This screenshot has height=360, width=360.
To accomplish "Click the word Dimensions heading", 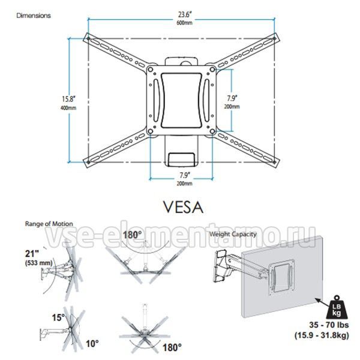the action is [x=34, y=16].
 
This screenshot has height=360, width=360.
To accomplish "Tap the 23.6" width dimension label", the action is [x=185, y=14].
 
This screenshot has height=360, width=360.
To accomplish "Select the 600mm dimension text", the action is [x=185, y=23].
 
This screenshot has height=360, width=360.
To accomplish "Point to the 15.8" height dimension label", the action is [x=68, y=99].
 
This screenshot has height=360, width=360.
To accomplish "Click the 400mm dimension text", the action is [x=68, y=108].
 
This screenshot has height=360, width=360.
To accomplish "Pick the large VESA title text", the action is [x=183, y=208].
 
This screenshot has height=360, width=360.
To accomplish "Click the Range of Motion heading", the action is [x=49, y=224].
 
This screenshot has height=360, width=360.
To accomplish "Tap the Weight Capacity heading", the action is [x=233, y=234].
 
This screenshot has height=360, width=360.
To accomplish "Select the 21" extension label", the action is [x=32, y=254].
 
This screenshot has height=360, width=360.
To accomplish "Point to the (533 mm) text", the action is [x=39, y=263].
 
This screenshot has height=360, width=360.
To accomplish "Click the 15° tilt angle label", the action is [x=58, y=318].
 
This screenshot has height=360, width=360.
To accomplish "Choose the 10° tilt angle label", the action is [x=92, y=344].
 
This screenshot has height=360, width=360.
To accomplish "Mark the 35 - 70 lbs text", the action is [x=329, y=325].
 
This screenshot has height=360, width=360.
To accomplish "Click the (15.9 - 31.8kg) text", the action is [x=322, y=335].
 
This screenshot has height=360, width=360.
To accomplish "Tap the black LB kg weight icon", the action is [x=337, y=308].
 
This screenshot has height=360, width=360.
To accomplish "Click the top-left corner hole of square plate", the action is [x=151, y=70].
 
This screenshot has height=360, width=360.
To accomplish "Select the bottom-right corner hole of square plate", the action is [x=212, y=131].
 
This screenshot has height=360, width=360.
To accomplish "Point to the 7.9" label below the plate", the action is [x=184, y=175].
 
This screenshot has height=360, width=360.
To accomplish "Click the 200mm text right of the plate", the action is [x=232, y=107].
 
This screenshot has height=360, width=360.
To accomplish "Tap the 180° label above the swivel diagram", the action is [x=133, y=235].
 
